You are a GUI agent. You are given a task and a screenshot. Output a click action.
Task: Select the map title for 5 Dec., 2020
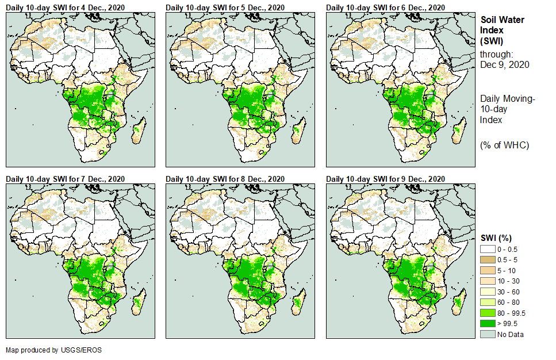(x=225, y=7)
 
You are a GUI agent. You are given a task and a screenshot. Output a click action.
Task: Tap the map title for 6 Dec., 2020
(x=386, y=7)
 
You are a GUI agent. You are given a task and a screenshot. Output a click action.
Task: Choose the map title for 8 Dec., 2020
(x=225, y=179)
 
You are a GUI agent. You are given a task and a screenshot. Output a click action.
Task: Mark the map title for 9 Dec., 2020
(x=386, y=179)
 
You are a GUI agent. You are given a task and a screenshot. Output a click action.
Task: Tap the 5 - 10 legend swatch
(x=488, y=270)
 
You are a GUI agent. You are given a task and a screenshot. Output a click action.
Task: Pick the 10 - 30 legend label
(x=509, y=281)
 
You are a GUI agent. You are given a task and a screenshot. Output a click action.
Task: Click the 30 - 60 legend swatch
(x=488, y=292)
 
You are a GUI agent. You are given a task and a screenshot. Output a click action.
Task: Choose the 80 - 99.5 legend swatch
(x=488, y=313)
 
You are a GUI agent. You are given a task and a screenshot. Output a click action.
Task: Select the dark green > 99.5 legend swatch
(x=488, y=324)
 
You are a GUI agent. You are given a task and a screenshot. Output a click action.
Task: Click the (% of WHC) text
(x=504, y=144)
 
